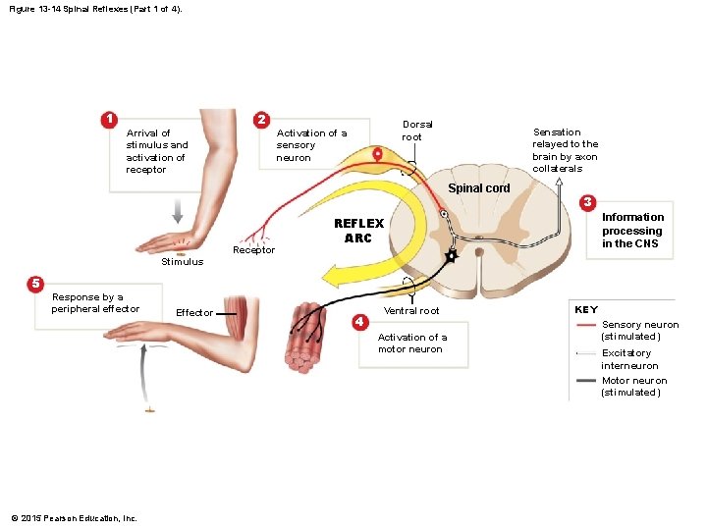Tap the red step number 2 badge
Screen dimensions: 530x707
(x=261, y=120)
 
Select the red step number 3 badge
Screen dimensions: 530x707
(x=587, y=202)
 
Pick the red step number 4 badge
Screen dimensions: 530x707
(x=360, y=321)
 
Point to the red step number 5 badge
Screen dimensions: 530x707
(x=34, y=284)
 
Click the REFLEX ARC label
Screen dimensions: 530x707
(x=358, y=231)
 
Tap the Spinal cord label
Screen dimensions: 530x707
(x=479, y=187)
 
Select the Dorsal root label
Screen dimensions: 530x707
(x=417, y=131)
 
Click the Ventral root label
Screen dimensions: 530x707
(x=411, y=311)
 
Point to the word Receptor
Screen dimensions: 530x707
(x=253, y=250)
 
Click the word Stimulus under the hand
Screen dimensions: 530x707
(x=182, y=262)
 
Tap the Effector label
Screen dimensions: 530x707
(x=193, y=313)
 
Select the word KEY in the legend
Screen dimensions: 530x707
(x=586, y=309)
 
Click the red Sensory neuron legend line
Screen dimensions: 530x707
(x=586, y=325)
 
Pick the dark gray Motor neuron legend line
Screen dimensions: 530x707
(x=586, y=380)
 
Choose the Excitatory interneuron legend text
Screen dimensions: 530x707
(x=630, y=359)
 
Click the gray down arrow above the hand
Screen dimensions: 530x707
(x=178, y=212)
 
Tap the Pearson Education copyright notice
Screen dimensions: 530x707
(x=74, y=518)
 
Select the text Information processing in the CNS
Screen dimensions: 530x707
(x=632, y=231)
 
